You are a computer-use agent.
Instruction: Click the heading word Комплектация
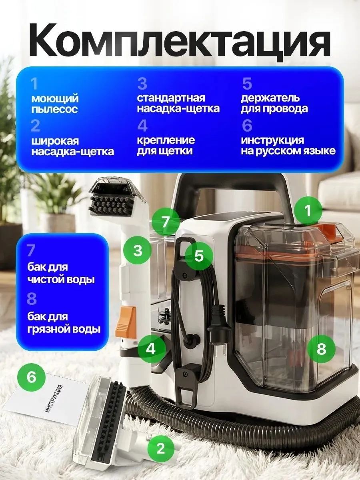180,39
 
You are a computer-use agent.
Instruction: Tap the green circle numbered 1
308,210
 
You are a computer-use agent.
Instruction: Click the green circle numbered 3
137,251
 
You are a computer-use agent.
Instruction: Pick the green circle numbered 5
199,256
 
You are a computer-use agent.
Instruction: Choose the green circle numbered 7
165,222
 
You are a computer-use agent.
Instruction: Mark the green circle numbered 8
321,348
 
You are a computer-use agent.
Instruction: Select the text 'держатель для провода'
274,104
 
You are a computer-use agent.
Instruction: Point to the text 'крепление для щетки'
166,146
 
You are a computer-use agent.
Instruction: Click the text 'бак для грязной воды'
64,323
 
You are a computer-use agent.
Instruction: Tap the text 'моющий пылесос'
55,104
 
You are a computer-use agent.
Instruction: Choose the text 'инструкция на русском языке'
288,146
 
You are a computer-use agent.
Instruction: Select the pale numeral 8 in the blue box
32,298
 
